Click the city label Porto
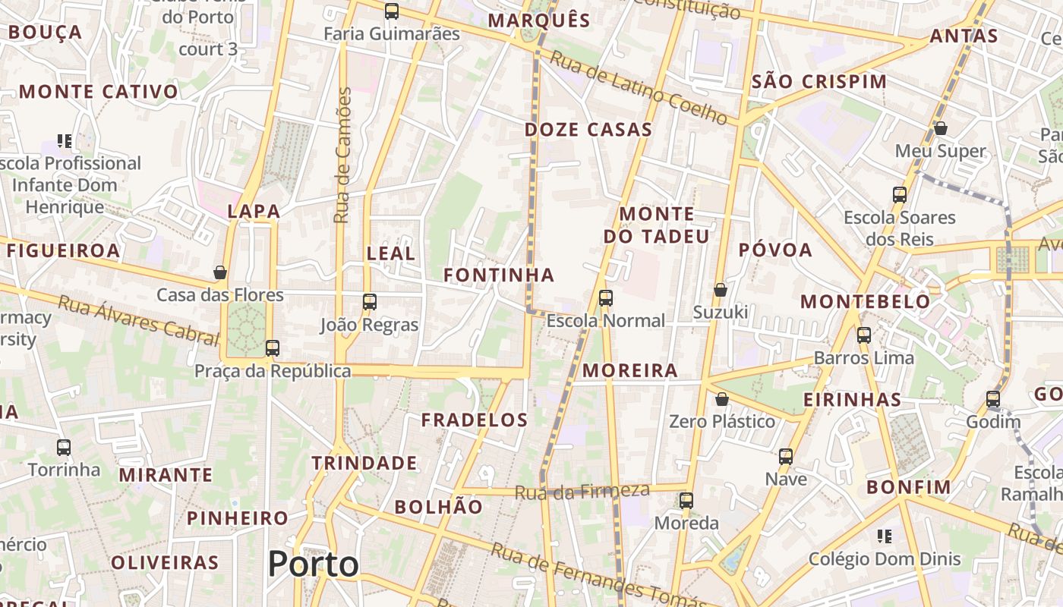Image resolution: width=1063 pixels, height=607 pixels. [x=313, y=565]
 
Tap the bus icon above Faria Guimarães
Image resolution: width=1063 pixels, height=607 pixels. [x=392, y=11]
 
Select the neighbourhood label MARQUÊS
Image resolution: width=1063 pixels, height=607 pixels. [x=539, y=20]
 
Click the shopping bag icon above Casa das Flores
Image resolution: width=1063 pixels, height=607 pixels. [x=220, y=272]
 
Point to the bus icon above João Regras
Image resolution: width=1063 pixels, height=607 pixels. [x=370, y=302]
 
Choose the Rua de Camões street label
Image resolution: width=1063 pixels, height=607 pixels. [x=343, y=156]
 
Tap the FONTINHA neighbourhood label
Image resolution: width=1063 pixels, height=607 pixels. [x=499, y=275]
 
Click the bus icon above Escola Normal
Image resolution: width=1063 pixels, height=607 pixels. [x=605, y=298]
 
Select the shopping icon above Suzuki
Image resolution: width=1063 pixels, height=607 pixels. [x=721, y=290]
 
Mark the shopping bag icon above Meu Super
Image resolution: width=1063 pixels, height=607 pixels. [x=941, y=128]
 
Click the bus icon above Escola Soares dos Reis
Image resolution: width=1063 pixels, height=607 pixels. [x=900, y=195]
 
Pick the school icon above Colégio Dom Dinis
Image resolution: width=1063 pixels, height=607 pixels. [x=884, y=537]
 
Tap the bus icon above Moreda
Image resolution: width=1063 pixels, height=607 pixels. [x=686, y=501]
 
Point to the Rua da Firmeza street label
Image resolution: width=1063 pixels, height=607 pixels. [x=582, y=492]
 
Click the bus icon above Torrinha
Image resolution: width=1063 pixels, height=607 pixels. [x=64, y=448]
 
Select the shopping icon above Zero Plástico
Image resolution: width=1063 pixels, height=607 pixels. [x=722, y=399]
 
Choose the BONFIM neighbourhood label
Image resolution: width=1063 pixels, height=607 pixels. [x=909, y=487]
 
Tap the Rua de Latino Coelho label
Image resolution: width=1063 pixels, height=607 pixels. [x=639, y=88]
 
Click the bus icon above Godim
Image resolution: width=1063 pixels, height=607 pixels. [x=993, y=399]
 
